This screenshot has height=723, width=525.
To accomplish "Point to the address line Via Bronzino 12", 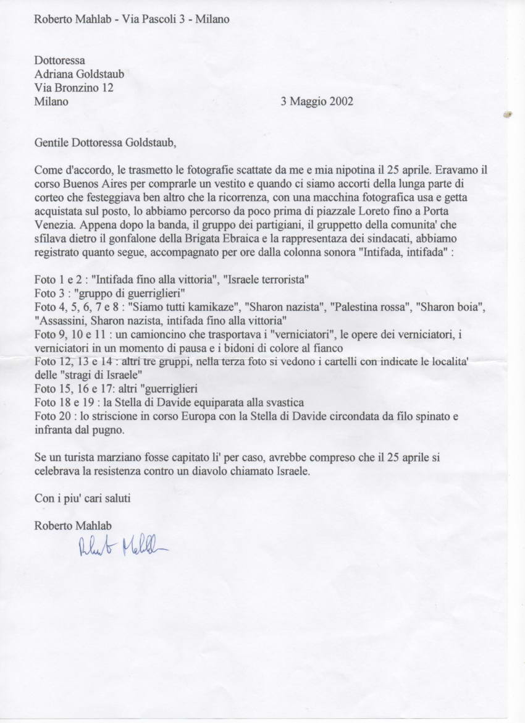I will (73, 88).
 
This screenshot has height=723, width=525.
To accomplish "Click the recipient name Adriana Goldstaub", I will (79, 74).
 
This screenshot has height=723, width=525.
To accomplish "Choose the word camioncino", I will (153, 334).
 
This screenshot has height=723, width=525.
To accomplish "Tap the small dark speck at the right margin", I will (508, 114).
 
